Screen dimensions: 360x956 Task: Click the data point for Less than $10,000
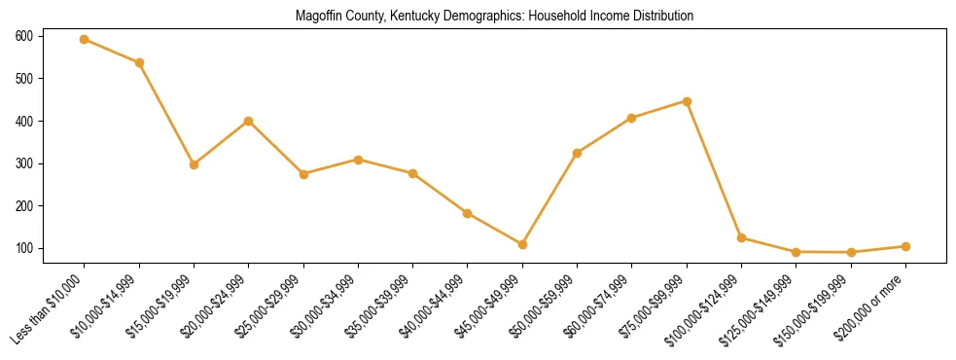pyautogui.click(x=85, y=39)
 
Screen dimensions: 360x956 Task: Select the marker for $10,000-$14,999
pyautogui.click(x=139, y=62)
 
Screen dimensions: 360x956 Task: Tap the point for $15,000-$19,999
pyautogui.click(x=195, y=164)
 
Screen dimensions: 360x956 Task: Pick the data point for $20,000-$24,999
pyautogui.click(x=249, y=121)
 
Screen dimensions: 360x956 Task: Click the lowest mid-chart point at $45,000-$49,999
pyautogui.click(x=522, y=244)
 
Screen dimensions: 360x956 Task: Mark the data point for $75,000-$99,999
pyautogui.click(x=687, y=101)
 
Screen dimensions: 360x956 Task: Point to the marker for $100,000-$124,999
pyautogui.click(x=741, y=237)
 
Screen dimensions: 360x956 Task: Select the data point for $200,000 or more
pyautogui.click(x=905, y=246)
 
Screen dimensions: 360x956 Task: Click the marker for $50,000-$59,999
pyautogui.click(x=577, y=153)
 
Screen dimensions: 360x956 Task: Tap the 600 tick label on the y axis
pyautogui.click(x=24, y=36)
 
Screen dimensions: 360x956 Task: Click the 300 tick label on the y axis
pyautogui.click(x=24, y=163)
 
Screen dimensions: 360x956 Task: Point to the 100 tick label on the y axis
pyautogui.click(x=24, y=249)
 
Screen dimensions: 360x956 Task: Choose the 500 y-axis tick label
pyautogui.click(x=24, y=79)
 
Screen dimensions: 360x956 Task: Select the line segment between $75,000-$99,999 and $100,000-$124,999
pyautogui.click(x=714, y=169)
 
